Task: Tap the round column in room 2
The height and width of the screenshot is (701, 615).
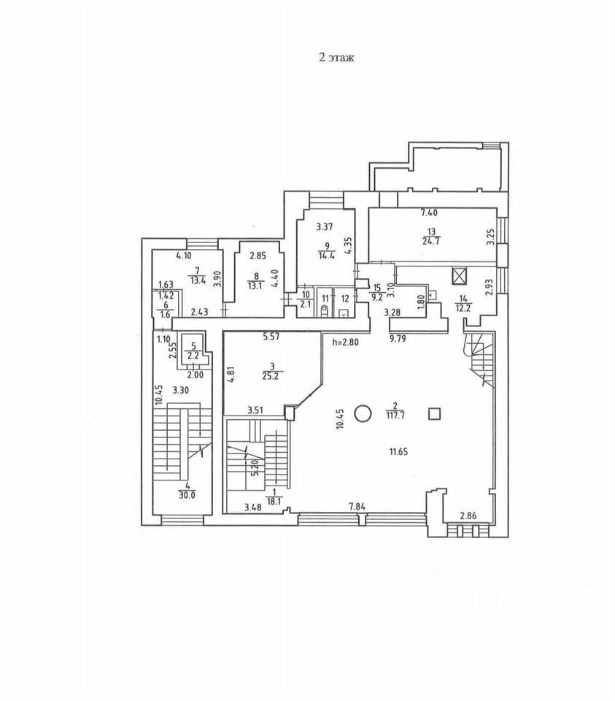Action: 363,414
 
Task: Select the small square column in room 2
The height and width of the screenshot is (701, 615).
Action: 435,414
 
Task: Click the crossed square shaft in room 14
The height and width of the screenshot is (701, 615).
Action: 459,277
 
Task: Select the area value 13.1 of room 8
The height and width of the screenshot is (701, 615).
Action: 255,286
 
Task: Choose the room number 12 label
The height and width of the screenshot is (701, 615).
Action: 344,298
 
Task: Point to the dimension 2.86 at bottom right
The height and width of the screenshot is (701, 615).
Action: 469,516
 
